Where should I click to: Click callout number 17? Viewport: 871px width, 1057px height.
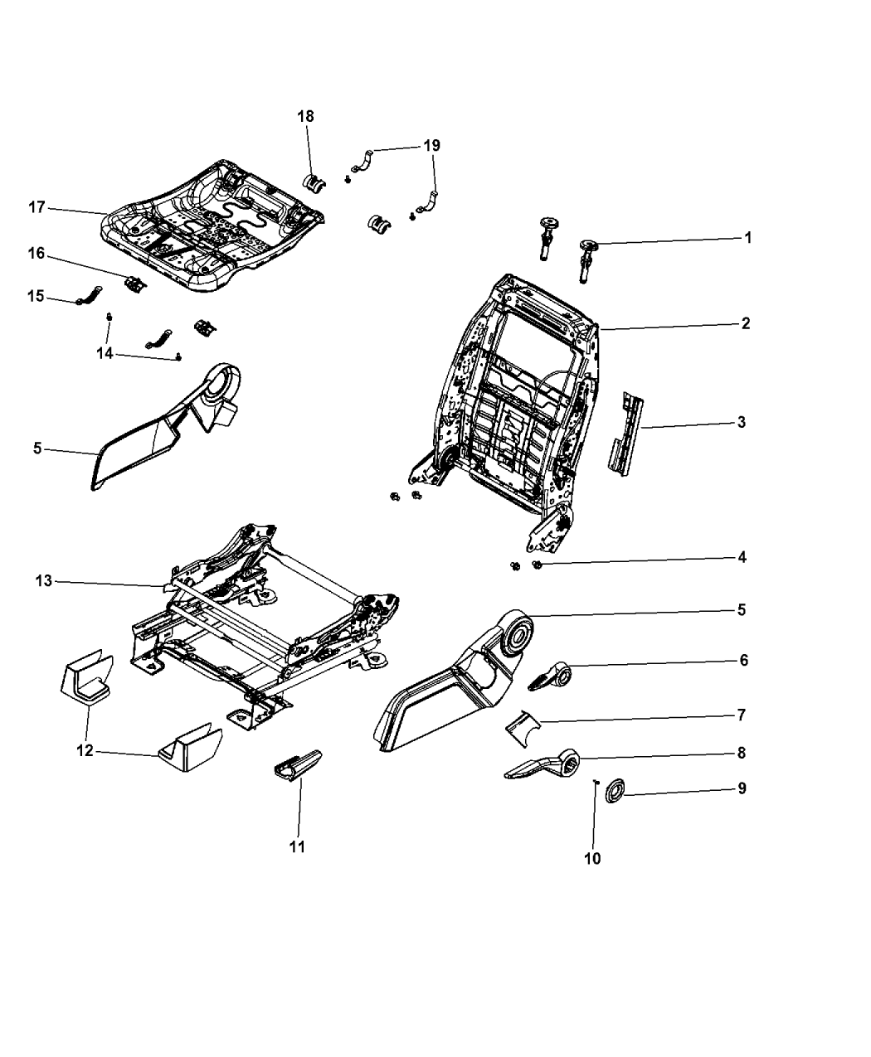click(x=36, y=207)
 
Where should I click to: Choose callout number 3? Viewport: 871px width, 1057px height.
click(x=741, y=422)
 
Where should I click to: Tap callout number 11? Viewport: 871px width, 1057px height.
click(x=297, y=846)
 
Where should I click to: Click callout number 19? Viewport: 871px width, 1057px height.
click(x=431, y=146)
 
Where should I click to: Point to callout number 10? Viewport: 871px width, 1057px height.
click(x=592, y=858)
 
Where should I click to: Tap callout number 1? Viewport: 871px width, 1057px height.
click(x=747, y=238)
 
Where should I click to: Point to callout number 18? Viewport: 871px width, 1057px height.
click(x=306, y=116)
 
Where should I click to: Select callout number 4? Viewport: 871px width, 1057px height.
click(x=742, y=557)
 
